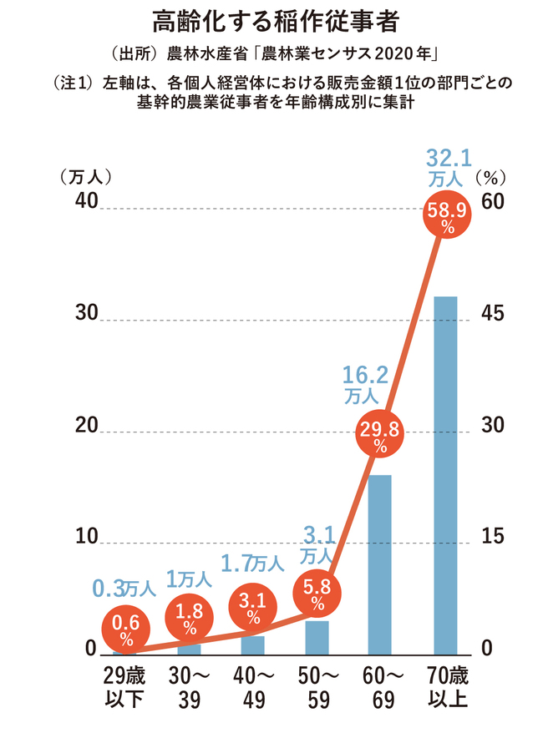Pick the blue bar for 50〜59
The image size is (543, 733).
pyautogui.click(x=317, y=637)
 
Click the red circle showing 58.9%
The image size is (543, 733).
pyautogui.click(x=449, y=216)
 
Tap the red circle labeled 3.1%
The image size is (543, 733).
pyautogui.click(x=253, y=613)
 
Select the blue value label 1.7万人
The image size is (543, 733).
pyautogui.click(x=253, y=564)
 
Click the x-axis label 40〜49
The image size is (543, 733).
pyautogui.click(x=253, y=686)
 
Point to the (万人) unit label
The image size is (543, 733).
pyautogui.click(x=85, y=177)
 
